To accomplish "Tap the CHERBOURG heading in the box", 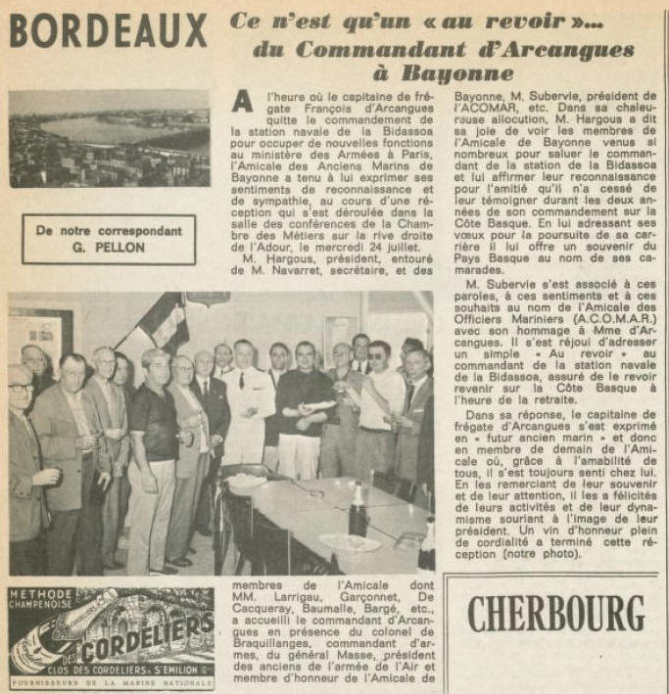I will point(554,615).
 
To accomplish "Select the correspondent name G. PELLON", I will point(109,248).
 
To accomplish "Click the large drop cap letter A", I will point(245,110).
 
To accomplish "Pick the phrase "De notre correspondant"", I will point(109,231).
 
